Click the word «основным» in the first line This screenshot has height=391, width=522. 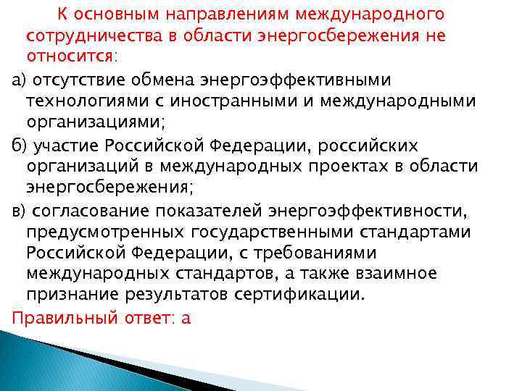[111, 14]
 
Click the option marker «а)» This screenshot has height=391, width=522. [10, 78]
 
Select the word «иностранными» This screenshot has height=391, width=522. [247, 100]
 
